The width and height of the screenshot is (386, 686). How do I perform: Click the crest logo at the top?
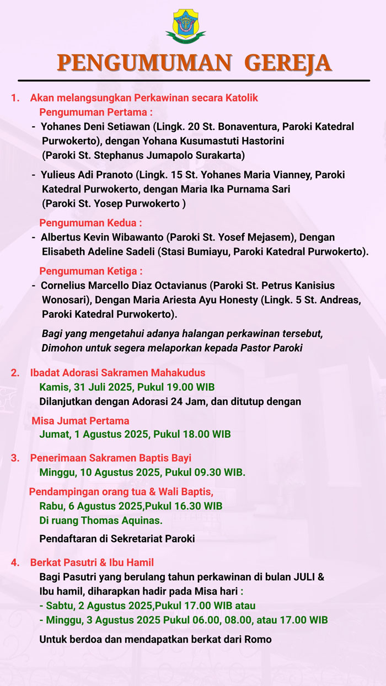click(189, 25)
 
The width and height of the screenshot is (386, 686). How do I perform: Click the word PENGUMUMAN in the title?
click(144, 63)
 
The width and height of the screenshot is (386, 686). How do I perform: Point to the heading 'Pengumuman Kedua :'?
click(90, 223)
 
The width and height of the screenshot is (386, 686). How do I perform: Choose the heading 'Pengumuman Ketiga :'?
click(91, 271)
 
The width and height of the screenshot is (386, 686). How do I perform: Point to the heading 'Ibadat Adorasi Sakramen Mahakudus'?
click(117, 373)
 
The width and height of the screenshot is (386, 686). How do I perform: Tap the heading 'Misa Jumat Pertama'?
click(81, 421)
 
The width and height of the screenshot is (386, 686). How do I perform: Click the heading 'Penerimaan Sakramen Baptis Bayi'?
click(111, 458)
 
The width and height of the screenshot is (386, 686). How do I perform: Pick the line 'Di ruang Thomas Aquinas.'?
click(101, 520)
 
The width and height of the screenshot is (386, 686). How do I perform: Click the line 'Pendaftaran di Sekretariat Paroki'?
click(117, 538)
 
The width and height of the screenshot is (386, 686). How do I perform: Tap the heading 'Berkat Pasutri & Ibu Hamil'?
click(92, 562)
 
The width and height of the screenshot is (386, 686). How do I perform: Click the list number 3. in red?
click(15, 458)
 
